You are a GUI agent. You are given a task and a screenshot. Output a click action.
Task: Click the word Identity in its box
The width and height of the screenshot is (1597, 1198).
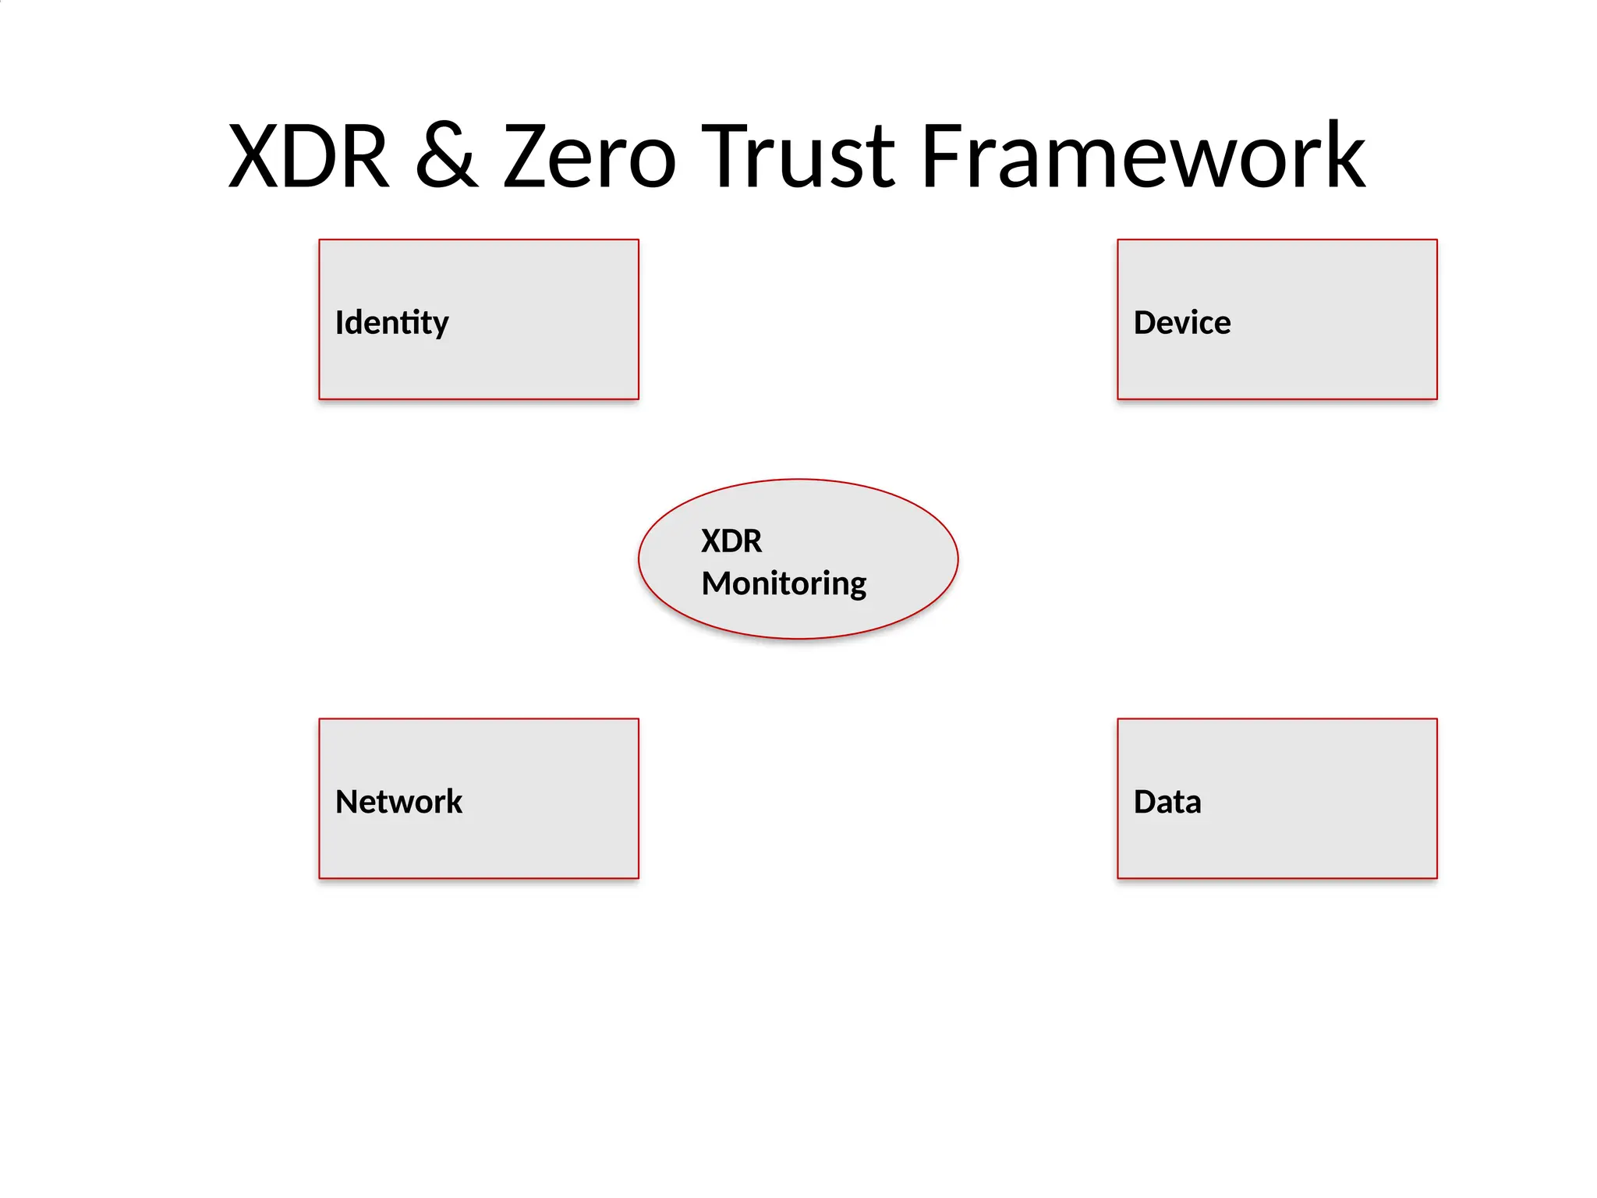(x=391, y=323)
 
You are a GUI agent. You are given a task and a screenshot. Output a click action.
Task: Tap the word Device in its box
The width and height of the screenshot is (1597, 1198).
(x=1181, y=323)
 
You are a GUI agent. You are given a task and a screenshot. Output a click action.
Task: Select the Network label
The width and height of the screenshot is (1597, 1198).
(x=398, y=802)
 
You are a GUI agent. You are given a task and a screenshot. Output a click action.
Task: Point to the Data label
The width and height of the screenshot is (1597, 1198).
(x=1167, y=802)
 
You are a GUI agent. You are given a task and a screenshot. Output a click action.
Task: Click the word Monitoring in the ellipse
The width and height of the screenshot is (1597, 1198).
(x=784, y=583)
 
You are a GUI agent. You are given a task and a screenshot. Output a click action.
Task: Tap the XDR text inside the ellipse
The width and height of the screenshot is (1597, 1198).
(x=731, y=541)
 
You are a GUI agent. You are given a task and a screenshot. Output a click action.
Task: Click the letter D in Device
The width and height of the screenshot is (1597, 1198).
(x=1145, y=323)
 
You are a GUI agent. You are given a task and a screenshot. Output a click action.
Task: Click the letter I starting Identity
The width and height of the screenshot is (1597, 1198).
(x=339, y=323)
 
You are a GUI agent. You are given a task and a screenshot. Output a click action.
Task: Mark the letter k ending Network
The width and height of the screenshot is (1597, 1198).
(x=454, y=802)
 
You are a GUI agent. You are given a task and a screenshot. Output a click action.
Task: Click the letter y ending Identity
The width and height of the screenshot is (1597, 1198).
(x=441, y=326)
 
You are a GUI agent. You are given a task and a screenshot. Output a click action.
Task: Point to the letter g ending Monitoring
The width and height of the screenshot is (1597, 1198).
(x=858, y=587)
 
